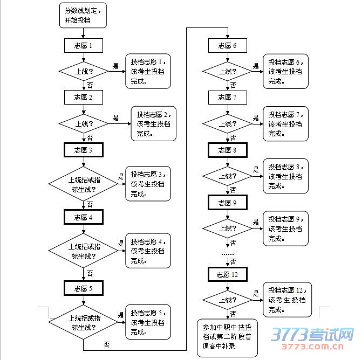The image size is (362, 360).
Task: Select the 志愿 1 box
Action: (83, 46)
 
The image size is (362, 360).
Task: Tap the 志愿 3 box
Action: (83, 150)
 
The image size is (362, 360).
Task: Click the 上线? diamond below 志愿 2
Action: (83, 123)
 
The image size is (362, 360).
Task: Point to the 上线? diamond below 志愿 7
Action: (227, 123)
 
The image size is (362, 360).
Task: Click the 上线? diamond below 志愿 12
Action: (227, 300)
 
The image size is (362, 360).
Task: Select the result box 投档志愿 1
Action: (148, 71)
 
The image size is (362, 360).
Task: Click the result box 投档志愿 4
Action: (148, 251)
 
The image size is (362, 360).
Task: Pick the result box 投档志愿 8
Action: (286, 176)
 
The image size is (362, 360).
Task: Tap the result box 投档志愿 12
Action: (286, 300)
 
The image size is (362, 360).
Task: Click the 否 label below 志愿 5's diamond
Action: (106, 344)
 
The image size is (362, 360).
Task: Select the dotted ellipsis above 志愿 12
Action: (228, 253)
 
